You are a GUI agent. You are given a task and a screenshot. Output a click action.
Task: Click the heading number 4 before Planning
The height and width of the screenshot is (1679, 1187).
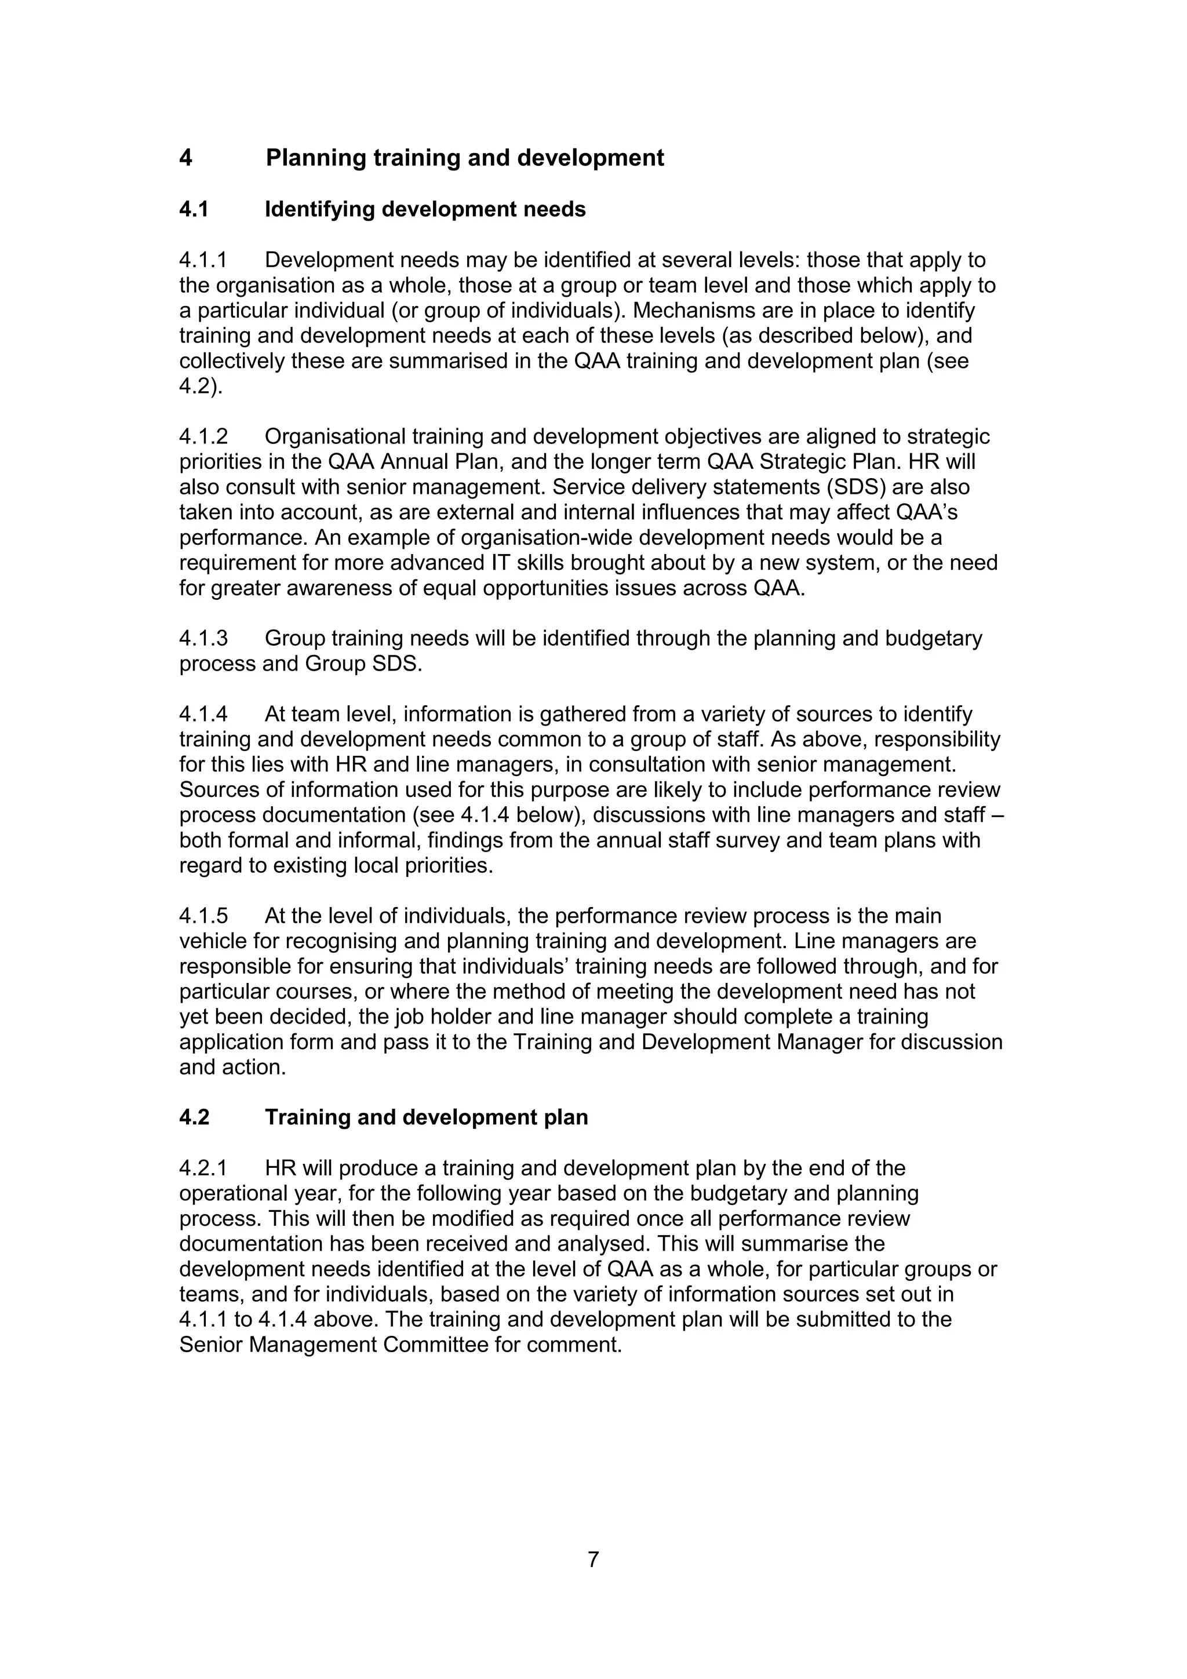click(x=186, y=158)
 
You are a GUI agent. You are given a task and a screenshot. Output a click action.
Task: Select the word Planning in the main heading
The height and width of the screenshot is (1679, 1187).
click(x=315, y=158)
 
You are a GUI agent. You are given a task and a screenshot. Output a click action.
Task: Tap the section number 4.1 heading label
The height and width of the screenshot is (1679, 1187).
click(x=194, y=210)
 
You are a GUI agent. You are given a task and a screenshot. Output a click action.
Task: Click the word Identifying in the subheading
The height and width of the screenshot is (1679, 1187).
click(x=319, y=210)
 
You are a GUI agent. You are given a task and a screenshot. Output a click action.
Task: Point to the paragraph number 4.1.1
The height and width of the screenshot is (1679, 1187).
click(x=203, y=260)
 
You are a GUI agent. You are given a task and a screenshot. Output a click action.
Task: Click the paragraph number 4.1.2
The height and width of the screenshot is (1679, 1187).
click(x=203, y=436)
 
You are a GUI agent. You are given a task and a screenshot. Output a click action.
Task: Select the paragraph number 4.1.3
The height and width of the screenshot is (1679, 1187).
click(x=203, y=639)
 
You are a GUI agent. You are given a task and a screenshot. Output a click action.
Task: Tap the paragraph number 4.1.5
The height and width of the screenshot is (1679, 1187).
click(x=203, y=916)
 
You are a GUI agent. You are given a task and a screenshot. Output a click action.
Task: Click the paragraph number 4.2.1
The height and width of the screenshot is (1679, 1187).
click(x=203, y=1168)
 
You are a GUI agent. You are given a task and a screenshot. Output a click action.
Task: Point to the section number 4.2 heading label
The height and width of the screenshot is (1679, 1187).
click(x=194, y=1117)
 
